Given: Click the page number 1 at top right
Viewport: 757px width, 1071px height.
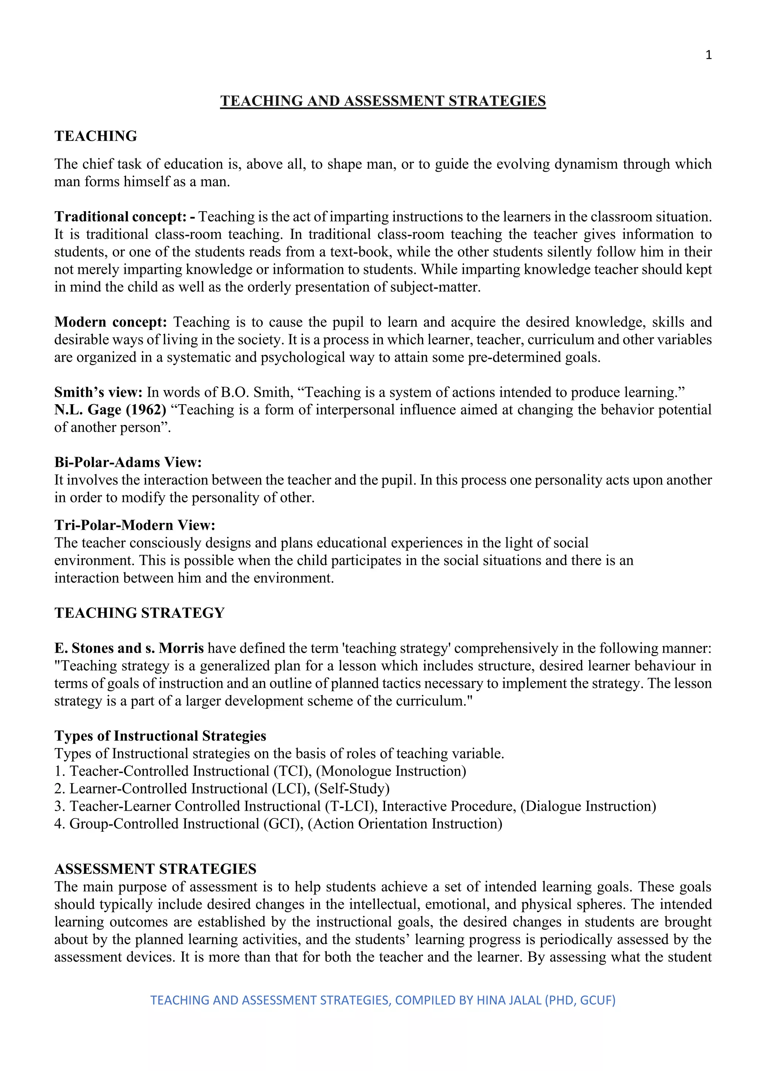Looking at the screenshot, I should pos(709,55).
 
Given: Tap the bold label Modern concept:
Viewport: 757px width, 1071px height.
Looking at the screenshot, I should pos(111,322).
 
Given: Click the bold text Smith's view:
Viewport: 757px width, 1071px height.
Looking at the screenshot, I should pos(98,392).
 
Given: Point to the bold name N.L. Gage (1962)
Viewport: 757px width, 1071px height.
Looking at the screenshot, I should pos(110,409).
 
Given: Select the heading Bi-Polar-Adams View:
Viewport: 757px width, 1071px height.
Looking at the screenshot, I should pos(128,462).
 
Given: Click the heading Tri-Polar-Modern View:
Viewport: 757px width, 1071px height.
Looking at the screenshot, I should pos(135,525).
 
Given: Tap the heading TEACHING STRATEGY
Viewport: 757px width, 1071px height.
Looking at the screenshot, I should pos(139,613).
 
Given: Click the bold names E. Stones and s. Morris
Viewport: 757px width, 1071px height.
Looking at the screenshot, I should pos(129,648).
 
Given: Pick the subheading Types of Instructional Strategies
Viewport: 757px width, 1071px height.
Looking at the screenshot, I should pos(160,736).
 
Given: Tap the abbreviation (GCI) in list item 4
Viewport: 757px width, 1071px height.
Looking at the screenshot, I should pos(284,824).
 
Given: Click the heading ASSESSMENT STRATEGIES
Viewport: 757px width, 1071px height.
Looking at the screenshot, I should pos(155,869).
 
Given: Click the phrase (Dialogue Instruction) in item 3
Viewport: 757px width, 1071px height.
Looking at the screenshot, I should pos(588,806).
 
